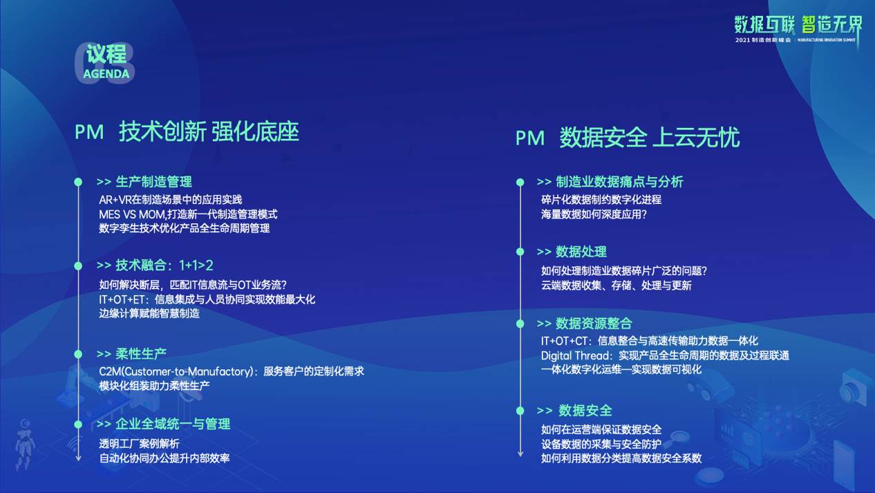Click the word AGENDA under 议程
[106, 74]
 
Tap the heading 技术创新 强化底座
[209, 131]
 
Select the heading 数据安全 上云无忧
[650, 138]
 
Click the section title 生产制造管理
[154, 182]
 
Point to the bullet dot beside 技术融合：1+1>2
[78, 266]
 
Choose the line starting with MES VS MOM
[188, 214]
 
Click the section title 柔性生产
[141, 354]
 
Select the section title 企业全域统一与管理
[173, 424]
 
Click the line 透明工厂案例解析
[139, 444]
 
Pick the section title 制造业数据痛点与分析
[619, 182]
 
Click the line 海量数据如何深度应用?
[594, 214]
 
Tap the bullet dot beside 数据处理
[520, 252]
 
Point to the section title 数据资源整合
[594, 324]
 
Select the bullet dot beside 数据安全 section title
[520, 411]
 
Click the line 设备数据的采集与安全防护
[601, 444]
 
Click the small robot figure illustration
[25, 445]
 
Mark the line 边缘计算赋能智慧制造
[149, 313]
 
